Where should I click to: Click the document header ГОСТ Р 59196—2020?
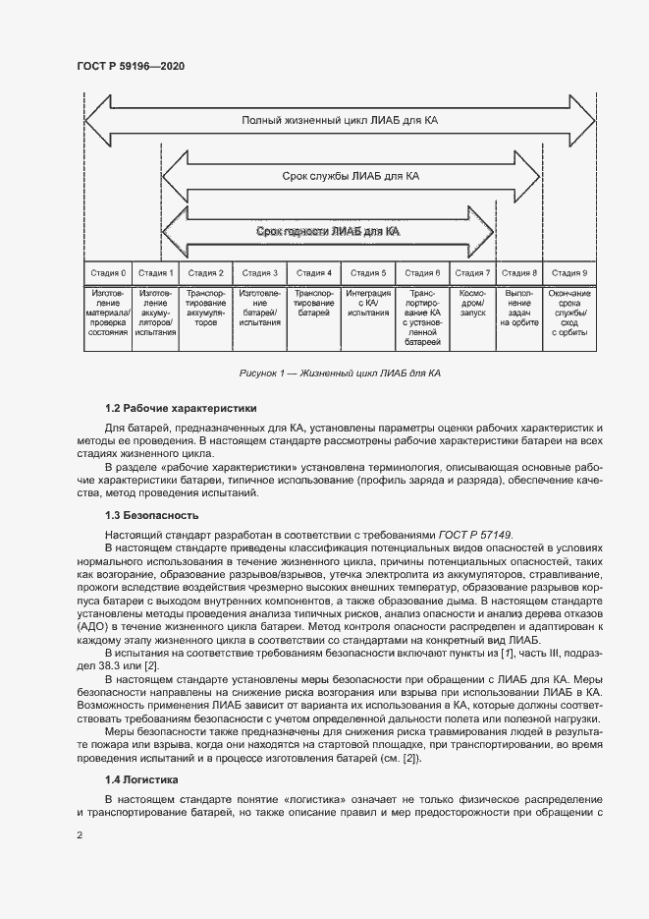(130, 66)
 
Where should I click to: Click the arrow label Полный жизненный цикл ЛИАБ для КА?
(340, 121)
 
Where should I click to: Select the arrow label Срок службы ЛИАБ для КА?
(352, 177)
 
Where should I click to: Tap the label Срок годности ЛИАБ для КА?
(327, 232)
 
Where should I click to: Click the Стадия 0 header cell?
(108, 272)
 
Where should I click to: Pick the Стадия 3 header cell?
(260, 272)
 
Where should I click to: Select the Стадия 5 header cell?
(368, 272)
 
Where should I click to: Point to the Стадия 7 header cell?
(473, 272)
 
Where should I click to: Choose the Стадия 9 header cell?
(569, 272)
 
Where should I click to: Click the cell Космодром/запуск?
(473, 303)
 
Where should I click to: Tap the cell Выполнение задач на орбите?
(519, 308)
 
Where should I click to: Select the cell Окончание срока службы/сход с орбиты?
(569, 313)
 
